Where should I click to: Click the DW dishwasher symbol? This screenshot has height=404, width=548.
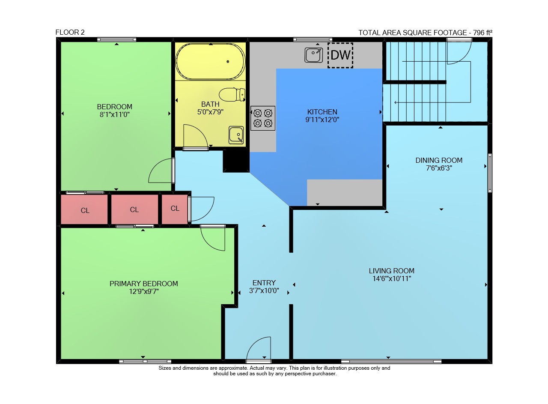[x=340, y=55]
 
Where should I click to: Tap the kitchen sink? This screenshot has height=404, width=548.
[x=313, y=55]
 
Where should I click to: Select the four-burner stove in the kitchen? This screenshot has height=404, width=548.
[x=263, y=118]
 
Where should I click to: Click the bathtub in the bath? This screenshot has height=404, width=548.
[x=210, y=61]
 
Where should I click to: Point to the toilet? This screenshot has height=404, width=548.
[x=232, y=95]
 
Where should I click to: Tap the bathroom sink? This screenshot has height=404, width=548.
[x=236, y=135]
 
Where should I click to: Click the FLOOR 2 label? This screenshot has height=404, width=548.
[x=70, y=32]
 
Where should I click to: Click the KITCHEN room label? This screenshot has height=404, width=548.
[x=322, y=112]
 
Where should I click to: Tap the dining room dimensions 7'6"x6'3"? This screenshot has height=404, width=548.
[x=439, y=168]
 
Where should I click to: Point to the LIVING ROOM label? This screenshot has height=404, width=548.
[x=392, y=271]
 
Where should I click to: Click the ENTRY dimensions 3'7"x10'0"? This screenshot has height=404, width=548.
[x=264, y=290]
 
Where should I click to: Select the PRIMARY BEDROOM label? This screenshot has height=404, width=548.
[x=143, y=284]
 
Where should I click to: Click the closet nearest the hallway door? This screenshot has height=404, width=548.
[x=175, y=209]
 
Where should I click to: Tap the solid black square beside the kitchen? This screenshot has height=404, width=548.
[x=236, y=161]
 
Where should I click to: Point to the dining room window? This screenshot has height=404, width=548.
[x=490, y=173]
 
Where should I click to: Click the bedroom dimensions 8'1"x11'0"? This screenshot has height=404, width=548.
[x=114, y=114]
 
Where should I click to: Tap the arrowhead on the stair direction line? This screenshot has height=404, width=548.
[x=396, y=102]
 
